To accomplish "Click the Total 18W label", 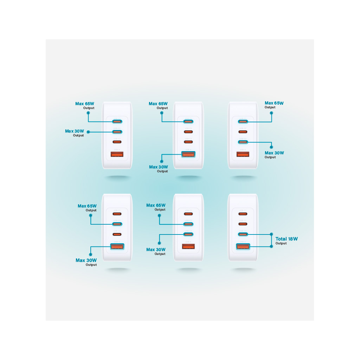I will [287, 239].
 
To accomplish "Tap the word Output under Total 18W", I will [281, 243].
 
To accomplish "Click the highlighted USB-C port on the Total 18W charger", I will [243, 234].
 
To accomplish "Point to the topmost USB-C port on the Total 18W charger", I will [243, 214].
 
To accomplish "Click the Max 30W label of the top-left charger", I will [75, 131].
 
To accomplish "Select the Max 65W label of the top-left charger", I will [84, 104].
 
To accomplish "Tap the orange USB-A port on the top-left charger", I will [117, 154].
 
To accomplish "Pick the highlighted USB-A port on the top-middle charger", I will [188, 154].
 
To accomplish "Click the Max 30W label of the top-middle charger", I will [159, 167].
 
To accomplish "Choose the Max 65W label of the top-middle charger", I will [158, 104].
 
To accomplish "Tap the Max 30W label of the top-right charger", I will [274, 153].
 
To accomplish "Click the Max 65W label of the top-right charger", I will [274, 103].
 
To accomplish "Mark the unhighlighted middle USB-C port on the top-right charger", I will [243, 132].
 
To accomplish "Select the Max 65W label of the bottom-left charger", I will [87, 206].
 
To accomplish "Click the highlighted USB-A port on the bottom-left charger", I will [117, 247].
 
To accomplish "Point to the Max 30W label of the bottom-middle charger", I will [156, 250].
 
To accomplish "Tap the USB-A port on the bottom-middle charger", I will [188, 247].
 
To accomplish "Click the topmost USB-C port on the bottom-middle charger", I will [188, 214].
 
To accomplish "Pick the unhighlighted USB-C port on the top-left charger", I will [117, 142].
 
